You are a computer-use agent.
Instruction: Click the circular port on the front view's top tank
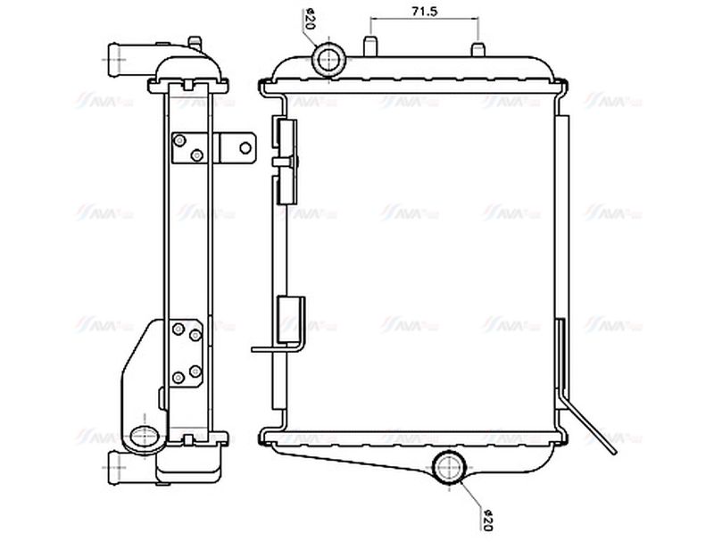(x=328, y=58)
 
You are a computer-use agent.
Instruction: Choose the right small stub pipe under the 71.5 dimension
(x=478, y=45)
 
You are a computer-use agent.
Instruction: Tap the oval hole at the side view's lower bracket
(x=143, y=438)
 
